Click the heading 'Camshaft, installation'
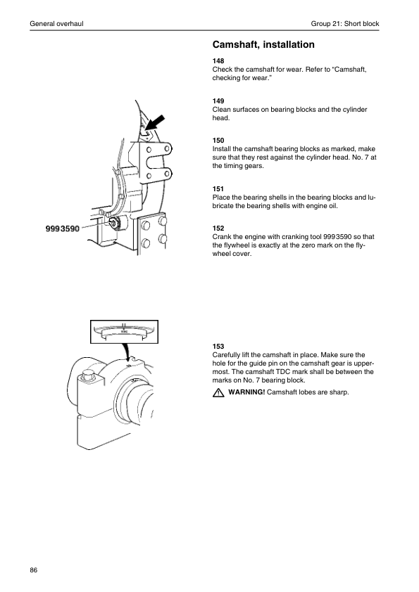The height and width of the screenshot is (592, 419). (x=263, y=44)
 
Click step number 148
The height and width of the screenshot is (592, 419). (x=218, y=60)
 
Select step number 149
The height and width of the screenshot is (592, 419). (x=218, y=101)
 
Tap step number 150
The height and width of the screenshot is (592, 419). (x=218, y=141)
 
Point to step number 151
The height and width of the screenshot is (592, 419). (x=218, y=188)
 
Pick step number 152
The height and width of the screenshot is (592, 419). (x=218, y=228)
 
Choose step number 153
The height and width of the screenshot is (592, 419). (x=218, y=346)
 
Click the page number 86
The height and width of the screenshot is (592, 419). (x=34, y=570)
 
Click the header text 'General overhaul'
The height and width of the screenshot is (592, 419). (x=57, y=23)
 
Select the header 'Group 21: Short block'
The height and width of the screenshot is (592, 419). (x=345, y=23)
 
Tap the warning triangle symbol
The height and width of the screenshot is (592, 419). (x=218, y=392)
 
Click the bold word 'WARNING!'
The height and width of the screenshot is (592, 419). (x=246, y=392)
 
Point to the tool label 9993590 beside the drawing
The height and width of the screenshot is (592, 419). (x=63, y=229)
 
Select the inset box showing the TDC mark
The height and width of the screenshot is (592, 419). (x=124, y=331)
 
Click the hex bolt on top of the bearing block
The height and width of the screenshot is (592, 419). (x=88, y=375)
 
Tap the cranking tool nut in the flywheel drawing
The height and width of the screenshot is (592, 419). (x=113, y=222)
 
